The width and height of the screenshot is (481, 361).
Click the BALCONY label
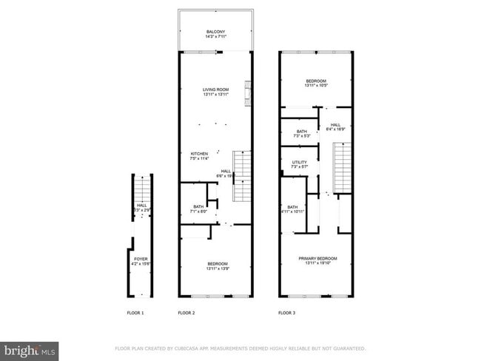pyautogui.click(x=215, y=30)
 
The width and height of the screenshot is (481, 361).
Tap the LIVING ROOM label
pyautogui.click(x=215, y=90)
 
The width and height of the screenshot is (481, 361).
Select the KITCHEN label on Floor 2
pyautogui.click(x=199, y=153)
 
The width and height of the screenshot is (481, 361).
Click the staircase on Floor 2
pyautogui.click(x=243, y=175)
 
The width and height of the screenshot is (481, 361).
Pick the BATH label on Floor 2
pyautogui.click(x=198, y=206)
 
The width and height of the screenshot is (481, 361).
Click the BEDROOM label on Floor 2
pyautogui.click(x=217, y=263)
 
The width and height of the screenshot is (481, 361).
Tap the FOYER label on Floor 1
pyautogui.click(x=141, y=259)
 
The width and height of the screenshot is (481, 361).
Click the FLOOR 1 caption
pyautogui.click(x=134, y=314)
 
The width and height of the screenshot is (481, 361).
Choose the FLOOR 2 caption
pyautogui.click(x=186, y=314)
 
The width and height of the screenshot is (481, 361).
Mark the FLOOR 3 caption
pyautogui.click(x=286, y=314)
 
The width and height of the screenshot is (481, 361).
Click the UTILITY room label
pyautogui.click(x=299, y=161)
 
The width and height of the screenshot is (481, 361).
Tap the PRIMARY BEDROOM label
pyautogui.click(x=317, y=258)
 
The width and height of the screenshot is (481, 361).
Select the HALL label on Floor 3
pyautogui.click(x=335, y=124)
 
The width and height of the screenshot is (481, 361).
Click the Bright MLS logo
pyautogui.click(x=30, y=349)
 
